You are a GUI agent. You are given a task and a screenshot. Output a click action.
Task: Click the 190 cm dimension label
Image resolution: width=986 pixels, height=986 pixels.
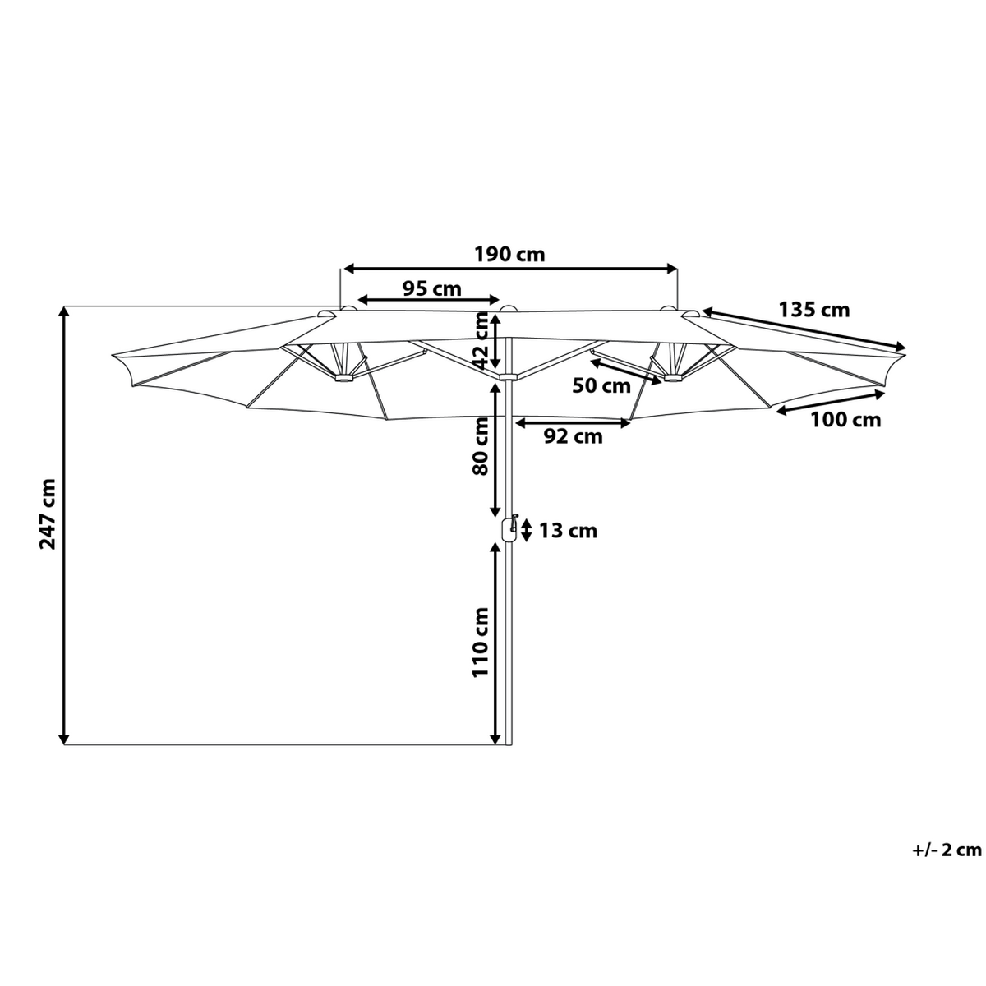tap(509, 254)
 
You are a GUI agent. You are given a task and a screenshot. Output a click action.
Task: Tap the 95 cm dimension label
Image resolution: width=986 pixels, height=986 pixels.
tap(432, 289)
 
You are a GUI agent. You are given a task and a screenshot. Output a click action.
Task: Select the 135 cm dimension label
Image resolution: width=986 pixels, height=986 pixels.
tap(814, 310)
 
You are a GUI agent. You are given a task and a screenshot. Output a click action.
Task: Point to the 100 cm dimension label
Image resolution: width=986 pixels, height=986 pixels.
tap(845, 420)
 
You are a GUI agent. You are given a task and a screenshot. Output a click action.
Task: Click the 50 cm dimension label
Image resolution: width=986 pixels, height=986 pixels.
tap(601, 385)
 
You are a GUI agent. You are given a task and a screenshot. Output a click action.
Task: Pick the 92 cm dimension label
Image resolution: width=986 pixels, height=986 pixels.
tap(573, 436)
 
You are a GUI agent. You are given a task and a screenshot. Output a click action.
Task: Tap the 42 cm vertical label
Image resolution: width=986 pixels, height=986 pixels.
tap(481, 340)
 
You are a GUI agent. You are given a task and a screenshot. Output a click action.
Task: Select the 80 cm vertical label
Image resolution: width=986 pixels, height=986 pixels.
tap(481, 446)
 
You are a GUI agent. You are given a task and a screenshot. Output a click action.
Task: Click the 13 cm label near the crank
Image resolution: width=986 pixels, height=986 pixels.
tap(569, 531)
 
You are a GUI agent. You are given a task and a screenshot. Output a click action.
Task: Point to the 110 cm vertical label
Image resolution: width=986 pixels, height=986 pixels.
tap(481, 643)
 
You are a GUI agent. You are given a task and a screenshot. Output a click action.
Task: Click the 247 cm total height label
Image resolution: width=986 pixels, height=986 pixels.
tap(48, 514)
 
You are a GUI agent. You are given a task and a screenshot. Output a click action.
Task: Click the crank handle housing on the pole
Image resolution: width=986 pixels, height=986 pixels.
tap(508, 529)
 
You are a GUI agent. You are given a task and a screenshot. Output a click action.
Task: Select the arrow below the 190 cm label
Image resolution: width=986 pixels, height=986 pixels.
tap(510, 268)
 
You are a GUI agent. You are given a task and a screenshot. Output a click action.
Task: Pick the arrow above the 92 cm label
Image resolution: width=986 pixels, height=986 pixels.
tap(573, 423)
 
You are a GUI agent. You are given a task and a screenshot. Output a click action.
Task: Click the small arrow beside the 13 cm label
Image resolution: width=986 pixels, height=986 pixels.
tap(527, 531)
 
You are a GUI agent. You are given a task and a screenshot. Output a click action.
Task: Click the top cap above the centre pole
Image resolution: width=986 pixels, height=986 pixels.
tap(508, 308)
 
